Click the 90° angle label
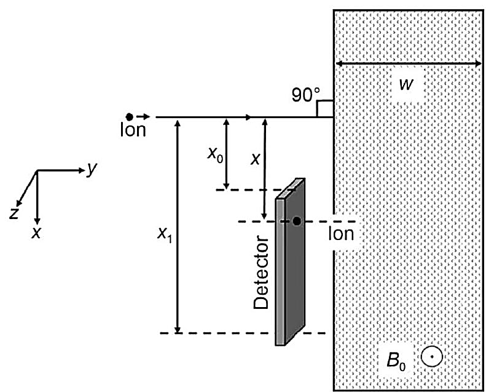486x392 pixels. (306, 94)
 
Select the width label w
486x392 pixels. (406, 84)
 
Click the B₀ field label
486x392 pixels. (396, 361)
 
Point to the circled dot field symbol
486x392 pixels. (431, 357)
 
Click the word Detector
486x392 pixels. (261, 273)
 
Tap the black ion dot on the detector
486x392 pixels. (297, 221)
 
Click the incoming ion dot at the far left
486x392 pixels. (129, 117)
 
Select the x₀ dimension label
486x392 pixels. (215, 154)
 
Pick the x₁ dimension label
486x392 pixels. (164, 234)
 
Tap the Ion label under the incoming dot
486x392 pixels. (133, 130)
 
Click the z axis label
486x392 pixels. (14, 214)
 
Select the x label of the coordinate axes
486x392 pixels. (36, 233)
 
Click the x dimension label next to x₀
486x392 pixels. (255, 159)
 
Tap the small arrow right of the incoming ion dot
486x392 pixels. (143, 117)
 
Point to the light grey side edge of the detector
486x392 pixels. (280, 272)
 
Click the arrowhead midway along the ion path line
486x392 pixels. (248, 118)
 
